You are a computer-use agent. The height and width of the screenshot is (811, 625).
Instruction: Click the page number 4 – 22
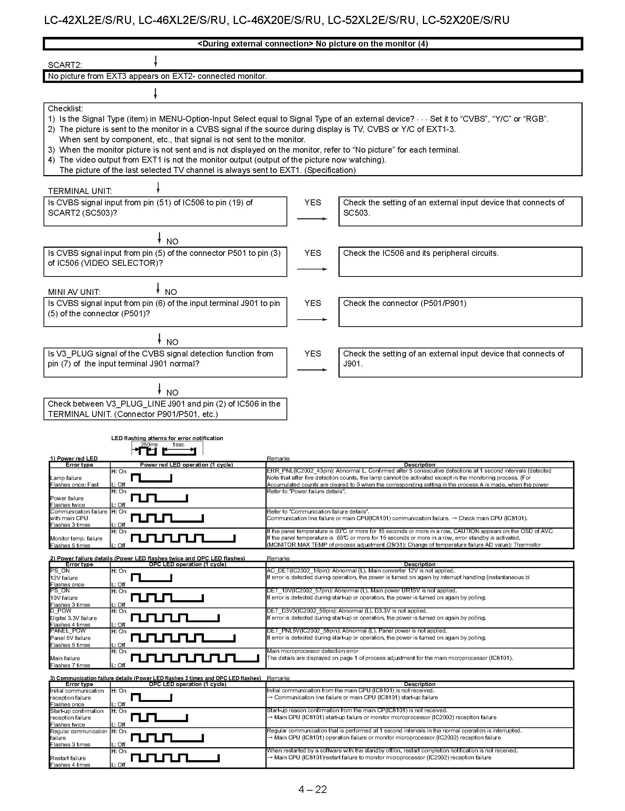point(312,789)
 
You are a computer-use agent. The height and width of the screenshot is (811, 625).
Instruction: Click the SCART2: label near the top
point(65,65)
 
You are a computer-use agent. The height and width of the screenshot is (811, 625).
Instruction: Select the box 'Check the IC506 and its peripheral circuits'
point(460,261)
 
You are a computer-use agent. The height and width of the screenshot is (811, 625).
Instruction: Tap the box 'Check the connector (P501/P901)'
point(460,311)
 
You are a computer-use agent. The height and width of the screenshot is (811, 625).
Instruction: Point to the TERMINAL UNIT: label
point(80,191)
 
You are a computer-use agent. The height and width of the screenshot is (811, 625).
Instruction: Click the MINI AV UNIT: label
point(74,292)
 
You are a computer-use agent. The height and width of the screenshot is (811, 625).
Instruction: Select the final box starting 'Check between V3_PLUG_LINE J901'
point(165,409)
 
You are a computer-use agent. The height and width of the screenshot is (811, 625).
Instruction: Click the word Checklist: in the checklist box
point(65,108)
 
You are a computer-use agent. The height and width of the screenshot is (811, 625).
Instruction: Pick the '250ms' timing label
point(149,445)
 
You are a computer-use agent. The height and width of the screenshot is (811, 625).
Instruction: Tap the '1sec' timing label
point(178,445)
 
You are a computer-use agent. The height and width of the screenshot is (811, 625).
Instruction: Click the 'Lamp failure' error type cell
point(66,478)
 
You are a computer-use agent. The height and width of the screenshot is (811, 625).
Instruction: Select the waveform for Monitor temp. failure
point(183,538)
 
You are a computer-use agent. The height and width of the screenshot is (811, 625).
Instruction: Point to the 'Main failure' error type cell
point(65,658)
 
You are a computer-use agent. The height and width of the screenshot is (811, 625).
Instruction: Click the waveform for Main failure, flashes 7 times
point(195,658)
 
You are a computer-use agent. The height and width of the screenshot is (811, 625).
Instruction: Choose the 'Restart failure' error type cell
point(68,758)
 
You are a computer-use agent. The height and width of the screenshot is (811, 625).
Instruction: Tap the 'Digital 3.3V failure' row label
point(73,618)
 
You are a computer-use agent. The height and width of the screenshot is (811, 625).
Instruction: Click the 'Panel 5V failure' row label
point(70,638)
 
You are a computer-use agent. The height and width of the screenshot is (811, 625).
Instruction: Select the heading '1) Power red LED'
point(74,458)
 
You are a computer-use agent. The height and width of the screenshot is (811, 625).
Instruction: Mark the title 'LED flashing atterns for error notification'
point(167,438)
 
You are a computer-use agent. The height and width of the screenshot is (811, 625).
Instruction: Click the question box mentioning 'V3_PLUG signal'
point(165,362)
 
